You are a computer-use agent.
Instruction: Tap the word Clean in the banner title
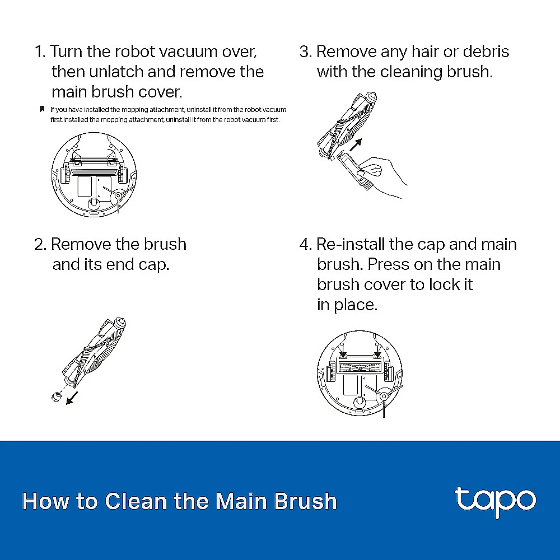pos(136,501)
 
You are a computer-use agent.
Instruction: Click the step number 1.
pos(39,52)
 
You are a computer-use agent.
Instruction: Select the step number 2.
pos(40,245)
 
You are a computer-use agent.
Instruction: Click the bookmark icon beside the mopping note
pos(42,109)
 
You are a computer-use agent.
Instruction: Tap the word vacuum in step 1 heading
pos(188,52)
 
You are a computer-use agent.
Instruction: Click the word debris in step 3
pos(486,52)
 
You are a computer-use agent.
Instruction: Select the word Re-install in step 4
pos(351,245)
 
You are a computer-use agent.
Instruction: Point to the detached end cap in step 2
pos(55,397)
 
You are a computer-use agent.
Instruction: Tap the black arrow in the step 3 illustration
pos(356,144)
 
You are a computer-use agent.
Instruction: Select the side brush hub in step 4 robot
pos(384,396)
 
